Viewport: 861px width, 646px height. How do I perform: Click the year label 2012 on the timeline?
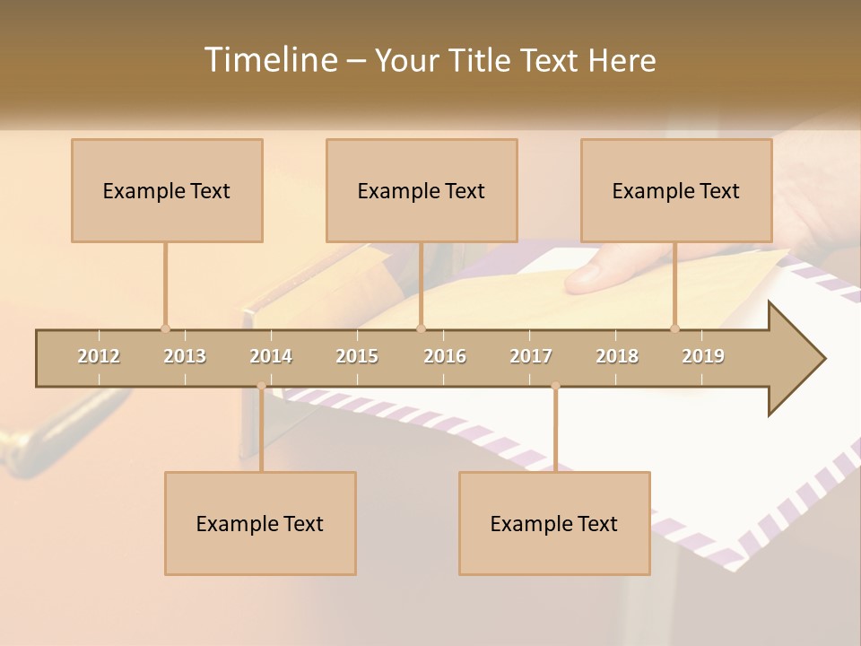tap(99, 356)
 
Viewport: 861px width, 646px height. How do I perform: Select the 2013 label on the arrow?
tap(185, 356)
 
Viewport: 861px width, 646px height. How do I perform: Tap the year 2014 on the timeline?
tap(271, 356)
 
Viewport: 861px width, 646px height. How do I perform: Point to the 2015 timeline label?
tap(357, 356)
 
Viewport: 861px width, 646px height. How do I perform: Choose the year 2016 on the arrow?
tap(445, 356)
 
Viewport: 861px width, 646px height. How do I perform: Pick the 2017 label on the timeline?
tap(531, 356)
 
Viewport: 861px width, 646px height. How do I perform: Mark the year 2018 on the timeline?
tap(617, 356)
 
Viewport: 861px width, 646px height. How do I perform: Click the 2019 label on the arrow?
tap(703, 356)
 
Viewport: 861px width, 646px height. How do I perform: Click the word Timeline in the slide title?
tap(269, 60)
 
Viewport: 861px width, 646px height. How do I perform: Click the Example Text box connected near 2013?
tap(167, 190)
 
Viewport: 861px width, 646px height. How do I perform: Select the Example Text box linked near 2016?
tap(422, 190)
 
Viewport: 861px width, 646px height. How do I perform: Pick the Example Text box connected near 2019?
tap(676, 190)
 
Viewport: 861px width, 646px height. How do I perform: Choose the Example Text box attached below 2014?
tap(260, 523)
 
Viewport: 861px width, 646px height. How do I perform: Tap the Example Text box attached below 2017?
tap(554, 523)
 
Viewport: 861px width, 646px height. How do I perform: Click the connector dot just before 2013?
tap(165, 328)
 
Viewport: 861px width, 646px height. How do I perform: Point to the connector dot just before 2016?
tap(421, 328)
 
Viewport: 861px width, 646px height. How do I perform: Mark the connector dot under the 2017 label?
tap(555, 387)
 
